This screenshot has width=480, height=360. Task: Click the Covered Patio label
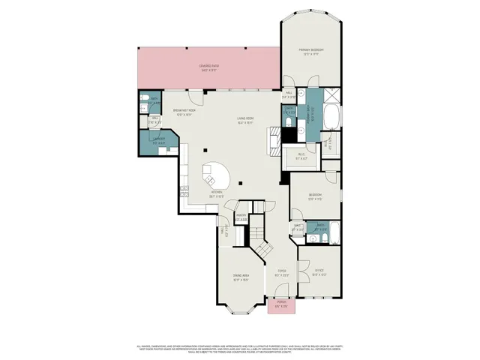point(209,67)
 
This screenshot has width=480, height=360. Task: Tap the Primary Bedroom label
point(313,52)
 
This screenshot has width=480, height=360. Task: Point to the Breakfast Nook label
point(184,112)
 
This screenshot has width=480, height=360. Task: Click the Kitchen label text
point(217,193)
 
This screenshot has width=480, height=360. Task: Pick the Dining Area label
point(241,277)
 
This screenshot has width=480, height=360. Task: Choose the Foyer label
point(281,273)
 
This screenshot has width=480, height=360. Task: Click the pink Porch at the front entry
point(281,305)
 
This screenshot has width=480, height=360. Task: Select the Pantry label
point(241,217)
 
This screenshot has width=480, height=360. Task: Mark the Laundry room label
point(158,139)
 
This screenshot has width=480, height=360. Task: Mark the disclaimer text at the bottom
point(240,349)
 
